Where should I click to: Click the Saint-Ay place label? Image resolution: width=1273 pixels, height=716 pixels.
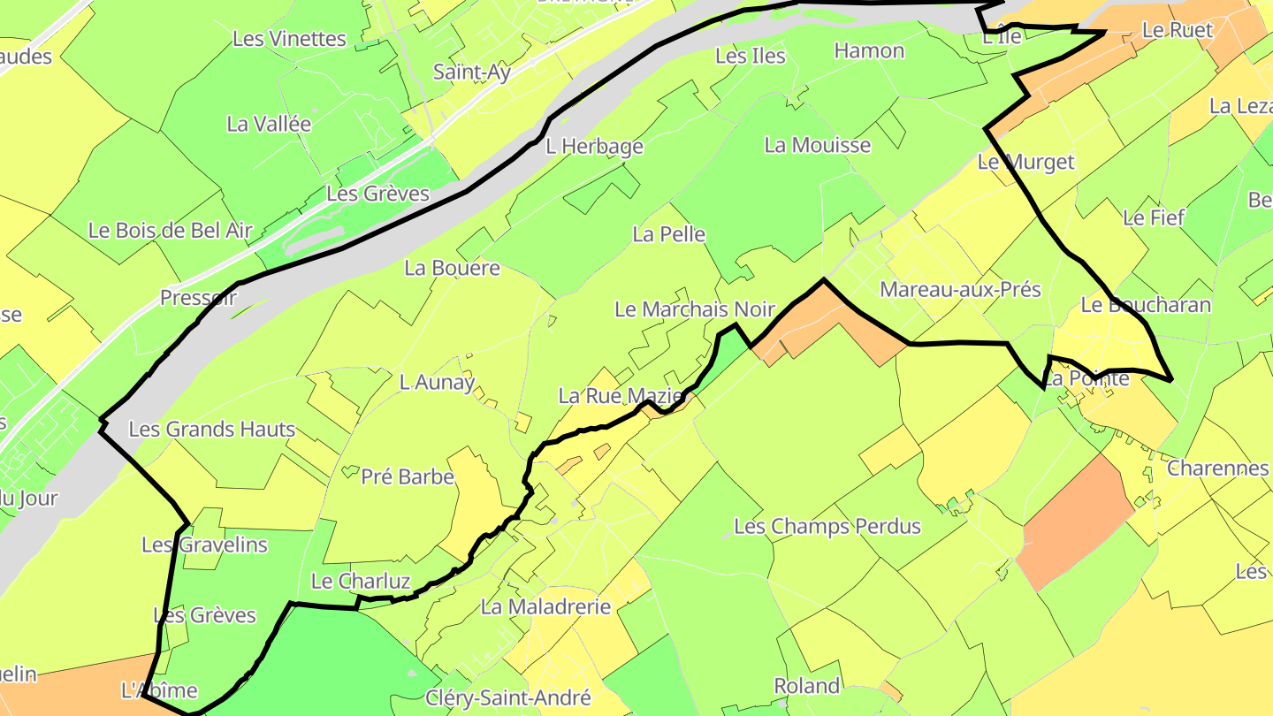[471, 72]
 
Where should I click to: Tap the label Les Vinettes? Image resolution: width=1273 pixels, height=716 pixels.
[289, 39]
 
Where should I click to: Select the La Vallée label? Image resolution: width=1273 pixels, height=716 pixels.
[269, 124]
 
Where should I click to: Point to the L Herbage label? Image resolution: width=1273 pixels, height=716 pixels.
[594, 146]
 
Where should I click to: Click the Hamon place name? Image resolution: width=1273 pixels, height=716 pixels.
[869, 50]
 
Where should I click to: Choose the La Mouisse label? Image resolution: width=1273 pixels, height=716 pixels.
[818, 145]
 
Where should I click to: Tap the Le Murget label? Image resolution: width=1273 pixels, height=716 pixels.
[1025, 162]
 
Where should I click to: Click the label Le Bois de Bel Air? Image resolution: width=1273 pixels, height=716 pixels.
[171, 231]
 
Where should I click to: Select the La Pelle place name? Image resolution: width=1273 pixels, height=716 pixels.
[669, 234]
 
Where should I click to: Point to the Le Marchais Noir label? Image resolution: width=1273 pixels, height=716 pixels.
[695, 309]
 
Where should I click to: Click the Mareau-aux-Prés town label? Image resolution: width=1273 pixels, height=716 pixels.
[960, 289]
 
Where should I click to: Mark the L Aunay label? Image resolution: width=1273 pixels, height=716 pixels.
[437, 382]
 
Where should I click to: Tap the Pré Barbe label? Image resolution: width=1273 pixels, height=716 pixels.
[408, 477]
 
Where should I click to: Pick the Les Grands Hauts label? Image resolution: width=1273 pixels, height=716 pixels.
[212, 430]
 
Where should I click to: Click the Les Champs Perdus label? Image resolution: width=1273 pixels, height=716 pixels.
[827, 527]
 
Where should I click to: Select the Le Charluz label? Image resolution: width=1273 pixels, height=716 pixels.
[361, 582]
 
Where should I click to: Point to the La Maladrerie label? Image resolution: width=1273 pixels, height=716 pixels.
[545, 607]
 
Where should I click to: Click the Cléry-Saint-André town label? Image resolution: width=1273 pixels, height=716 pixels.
[508, 698]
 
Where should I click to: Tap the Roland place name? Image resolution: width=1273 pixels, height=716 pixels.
[806, 686]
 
